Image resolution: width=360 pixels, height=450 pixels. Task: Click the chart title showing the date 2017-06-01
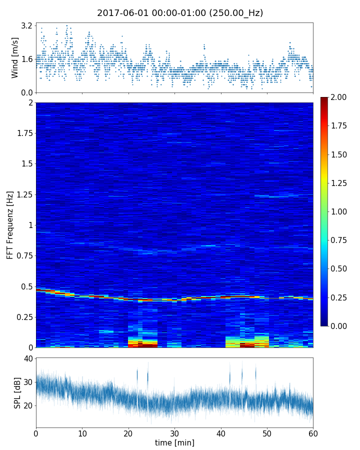[180, 13]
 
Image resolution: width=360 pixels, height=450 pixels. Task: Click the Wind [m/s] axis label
[15, 57]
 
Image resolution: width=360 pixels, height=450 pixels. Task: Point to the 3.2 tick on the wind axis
[27, 25]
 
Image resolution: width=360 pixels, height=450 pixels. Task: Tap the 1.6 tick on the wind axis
[27, 59]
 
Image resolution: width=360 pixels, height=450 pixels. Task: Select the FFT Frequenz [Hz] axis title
[10, 225]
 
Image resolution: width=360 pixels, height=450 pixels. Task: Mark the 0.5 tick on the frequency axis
[26, 286]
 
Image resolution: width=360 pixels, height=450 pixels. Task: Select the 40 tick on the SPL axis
[28, 358]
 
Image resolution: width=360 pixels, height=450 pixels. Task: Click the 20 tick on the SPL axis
[28, 405]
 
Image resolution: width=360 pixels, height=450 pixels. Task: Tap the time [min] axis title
[174, 443]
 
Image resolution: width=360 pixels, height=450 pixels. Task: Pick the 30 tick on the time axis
[174, 433]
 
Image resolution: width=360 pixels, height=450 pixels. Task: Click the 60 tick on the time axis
[313, 433]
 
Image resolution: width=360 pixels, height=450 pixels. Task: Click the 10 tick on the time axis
[82, 433]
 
